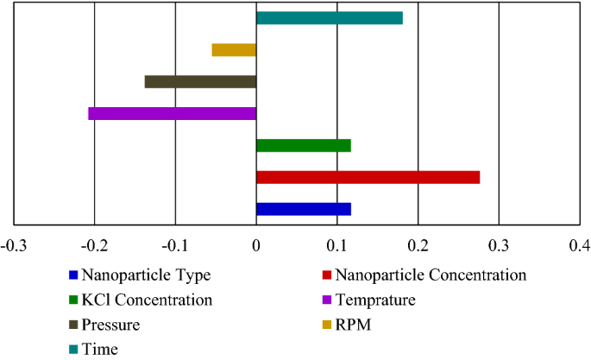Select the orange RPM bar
click(x=234, y=50)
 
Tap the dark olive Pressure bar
click(x=200, y=82)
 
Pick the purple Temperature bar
click(x=173, y=113)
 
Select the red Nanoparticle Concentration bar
click(x=368, y=177)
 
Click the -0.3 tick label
click(x=14, y=247)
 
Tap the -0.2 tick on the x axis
click(x=95, y=247)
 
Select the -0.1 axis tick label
click(x=175, y=247)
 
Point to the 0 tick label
click(x=256, y=247)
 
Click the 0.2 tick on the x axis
click(x=418, y=247)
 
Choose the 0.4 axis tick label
click(x=580, y=247)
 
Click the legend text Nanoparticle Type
click(x=145, y=276)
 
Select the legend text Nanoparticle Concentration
click(x=430, y=276)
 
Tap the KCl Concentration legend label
click(x=145, y=300)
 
